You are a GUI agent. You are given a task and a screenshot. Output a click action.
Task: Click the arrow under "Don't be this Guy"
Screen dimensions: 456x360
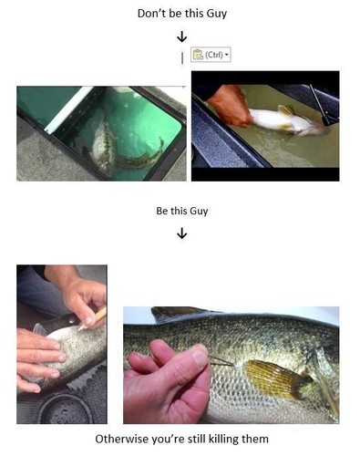point(181,37)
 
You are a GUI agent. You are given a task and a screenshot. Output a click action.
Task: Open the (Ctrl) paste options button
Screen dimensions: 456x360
point(211,56)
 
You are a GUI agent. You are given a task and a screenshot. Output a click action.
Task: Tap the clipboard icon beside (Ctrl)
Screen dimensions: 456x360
point(198,56)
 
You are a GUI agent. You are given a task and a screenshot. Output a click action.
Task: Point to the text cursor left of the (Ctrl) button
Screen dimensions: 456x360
point(182,57)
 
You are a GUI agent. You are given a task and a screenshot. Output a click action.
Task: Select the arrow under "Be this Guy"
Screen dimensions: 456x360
point(181,233)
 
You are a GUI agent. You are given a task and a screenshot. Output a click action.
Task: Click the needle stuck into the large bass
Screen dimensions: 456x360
point(221,363)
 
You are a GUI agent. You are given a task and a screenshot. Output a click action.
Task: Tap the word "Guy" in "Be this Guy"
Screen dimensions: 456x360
point(198,211)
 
